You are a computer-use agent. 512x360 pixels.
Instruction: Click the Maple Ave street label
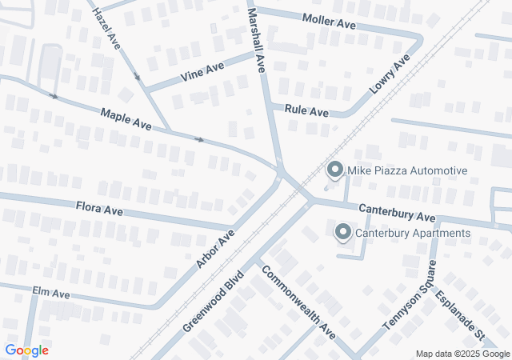[126, 120]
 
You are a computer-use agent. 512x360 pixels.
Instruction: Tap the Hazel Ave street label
[106, 29]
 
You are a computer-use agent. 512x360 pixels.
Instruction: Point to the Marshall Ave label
[256, 42]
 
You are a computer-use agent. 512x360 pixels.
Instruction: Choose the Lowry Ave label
[390, 75]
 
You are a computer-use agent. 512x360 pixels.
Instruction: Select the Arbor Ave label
[215, 249]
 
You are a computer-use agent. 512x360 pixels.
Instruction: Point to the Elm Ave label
[51, 294]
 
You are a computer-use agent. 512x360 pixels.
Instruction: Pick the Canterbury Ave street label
[397, 212]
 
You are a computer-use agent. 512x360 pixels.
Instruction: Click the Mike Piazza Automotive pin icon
[335, 170]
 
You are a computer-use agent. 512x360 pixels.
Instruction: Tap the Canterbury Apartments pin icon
[343, 232]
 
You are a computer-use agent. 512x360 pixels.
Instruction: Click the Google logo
[26, 350]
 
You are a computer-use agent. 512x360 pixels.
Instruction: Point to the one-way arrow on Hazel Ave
[137, 78]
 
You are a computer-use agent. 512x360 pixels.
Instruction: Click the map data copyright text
[462, 354]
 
